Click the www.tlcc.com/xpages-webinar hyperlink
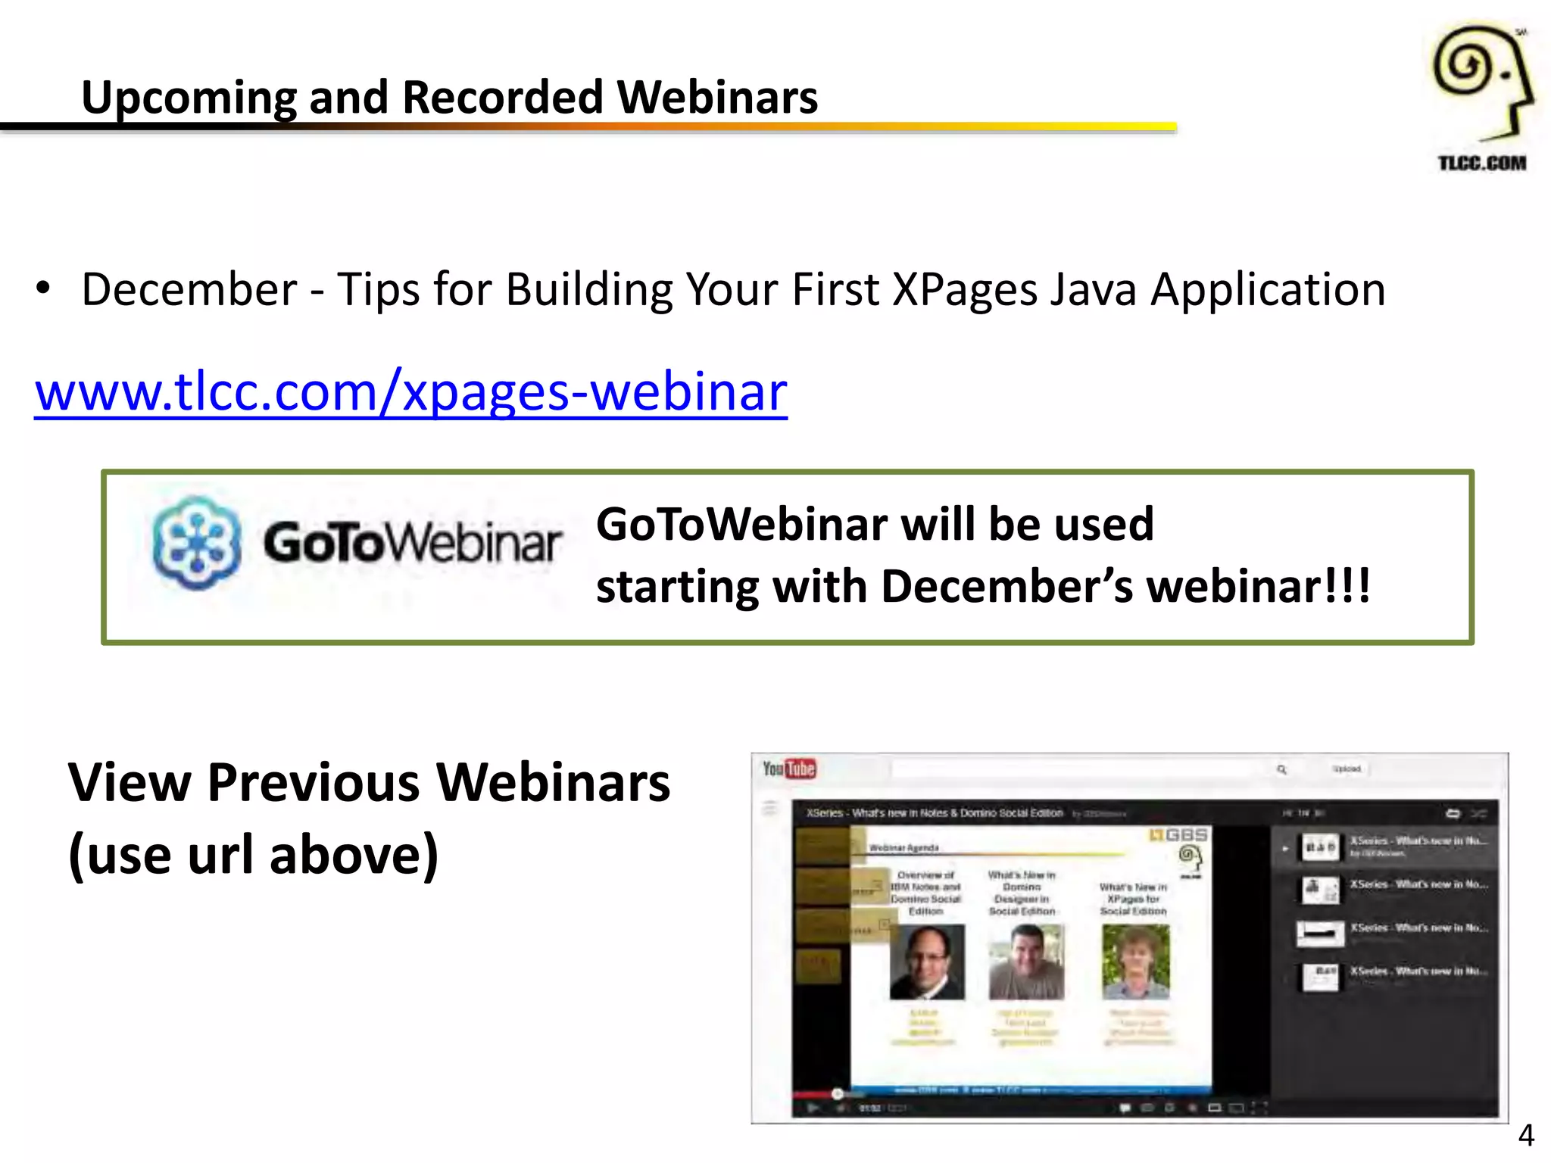point(410,392)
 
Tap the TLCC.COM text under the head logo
point(1481,163)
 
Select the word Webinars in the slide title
point(716,98)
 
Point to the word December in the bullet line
point(189,289)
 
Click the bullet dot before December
point(43,288)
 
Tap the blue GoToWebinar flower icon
point(196,543)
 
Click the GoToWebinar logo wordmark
point(412,543)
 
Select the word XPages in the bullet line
point(964,289)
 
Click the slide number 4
point(1526,1135)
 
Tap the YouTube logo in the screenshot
point(788,769)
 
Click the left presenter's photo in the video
point(926,961)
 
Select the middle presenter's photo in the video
point(1025,961)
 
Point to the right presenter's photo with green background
point(1135,961)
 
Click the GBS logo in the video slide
point(1178,834)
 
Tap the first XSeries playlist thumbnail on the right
point(1320,847)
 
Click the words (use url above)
point(254,855)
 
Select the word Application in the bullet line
point(1268,289)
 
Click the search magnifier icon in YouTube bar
point(1281,769)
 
